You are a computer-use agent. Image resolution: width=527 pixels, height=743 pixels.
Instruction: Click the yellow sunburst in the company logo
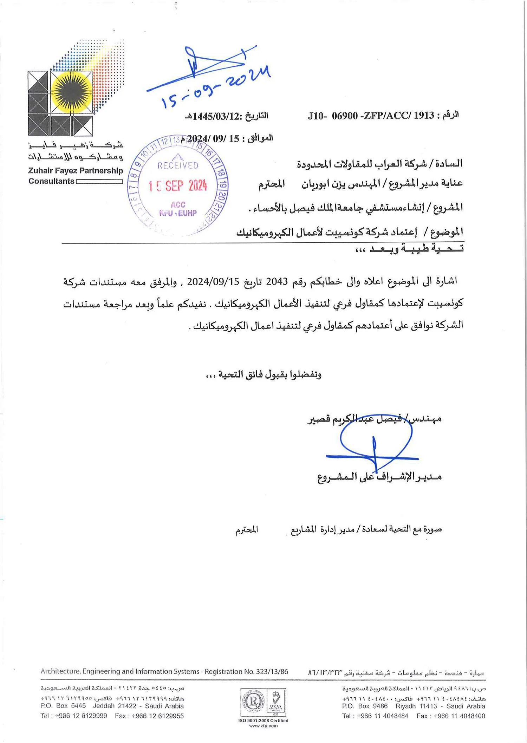72,92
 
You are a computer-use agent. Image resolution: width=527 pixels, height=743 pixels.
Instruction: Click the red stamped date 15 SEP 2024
178,186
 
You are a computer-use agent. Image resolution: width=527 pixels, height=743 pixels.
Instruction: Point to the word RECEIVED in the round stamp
178,165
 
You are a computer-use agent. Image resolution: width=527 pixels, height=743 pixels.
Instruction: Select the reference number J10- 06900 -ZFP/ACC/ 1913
371,116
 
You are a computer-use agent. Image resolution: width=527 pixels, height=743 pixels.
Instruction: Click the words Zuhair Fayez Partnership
76,171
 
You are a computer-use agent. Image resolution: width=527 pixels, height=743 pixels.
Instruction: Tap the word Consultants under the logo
51,181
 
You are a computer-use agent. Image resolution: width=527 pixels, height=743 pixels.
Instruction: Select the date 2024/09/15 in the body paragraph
213,282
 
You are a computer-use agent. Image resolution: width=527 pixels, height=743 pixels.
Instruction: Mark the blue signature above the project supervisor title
374,446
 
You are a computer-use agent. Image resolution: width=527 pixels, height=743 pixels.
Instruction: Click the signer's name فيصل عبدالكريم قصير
355,419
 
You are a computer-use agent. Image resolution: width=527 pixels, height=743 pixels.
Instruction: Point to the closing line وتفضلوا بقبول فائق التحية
263,374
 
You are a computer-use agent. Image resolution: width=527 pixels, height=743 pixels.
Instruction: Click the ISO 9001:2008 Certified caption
263,721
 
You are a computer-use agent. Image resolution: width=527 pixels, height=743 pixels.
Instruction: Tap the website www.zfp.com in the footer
263,726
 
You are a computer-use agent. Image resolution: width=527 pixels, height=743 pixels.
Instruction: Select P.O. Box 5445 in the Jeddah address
63,706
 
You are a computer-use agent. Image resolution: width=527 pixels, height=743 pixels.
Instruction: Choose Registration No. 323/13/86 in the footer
246,672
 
